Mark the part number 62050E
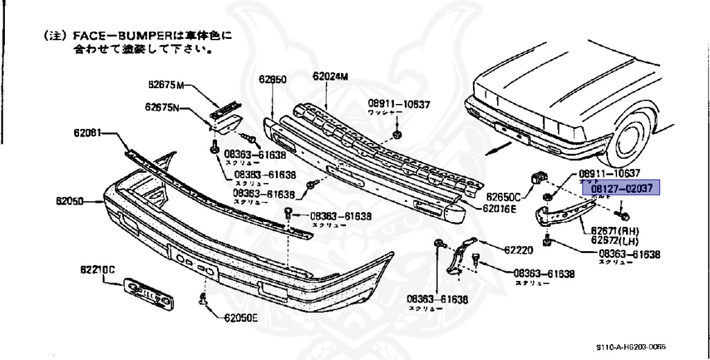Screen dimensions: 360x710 pos(240,319)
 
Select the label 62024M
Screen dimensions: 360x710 pos(330,76)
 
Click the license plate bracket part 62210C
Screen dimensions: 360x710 pos(147,291)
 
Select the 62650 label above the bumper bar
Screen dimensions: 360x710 pos(272,79)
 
